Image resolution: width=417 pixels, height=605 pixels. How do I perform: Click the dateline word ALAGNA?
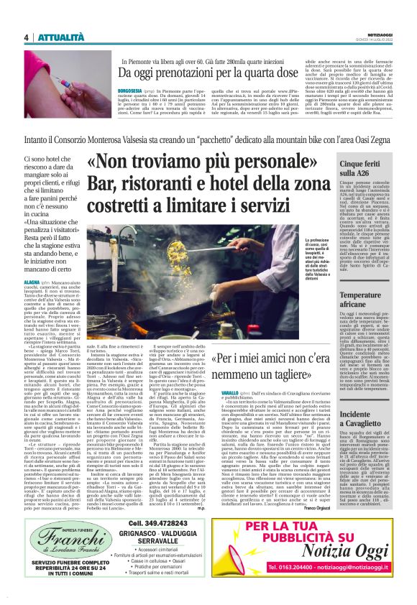coord(32,284)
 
